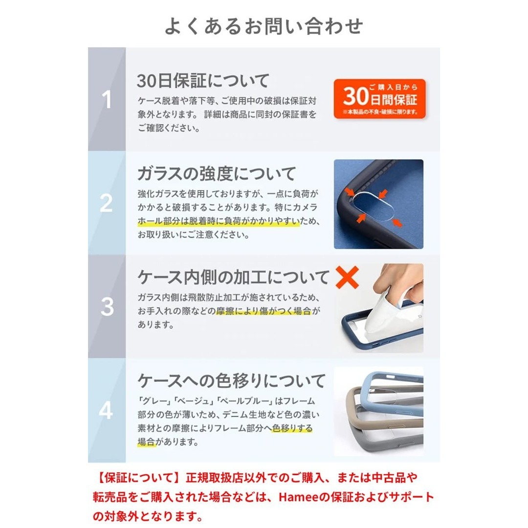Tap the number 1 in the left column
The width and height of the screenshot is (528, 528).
coord(107,100)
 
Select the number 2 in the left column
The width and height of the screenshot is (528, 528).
coord(107,203)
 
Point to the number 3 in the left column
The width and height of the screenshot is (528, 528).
coord(107,307)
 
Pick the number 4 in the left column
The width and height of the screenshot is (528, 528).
coord(107,411)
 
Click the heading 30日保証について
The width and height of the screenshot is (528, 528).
coord(203,80)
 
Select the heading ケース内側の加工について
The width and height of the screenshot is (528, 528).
coord(234,277)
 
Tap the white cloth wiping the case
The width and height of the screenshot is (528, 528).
coord(386,313)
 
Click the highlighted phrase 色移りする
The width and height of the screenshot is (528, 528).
coord(292,429)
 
